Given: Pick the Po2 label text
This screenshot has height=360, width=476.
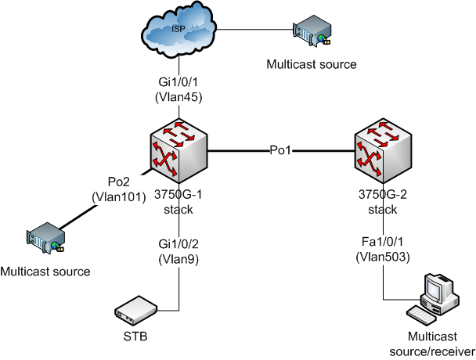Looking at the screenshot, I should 117,182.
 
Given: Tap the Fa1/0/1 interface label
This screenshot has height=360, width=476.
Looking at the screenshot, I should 383,243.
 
